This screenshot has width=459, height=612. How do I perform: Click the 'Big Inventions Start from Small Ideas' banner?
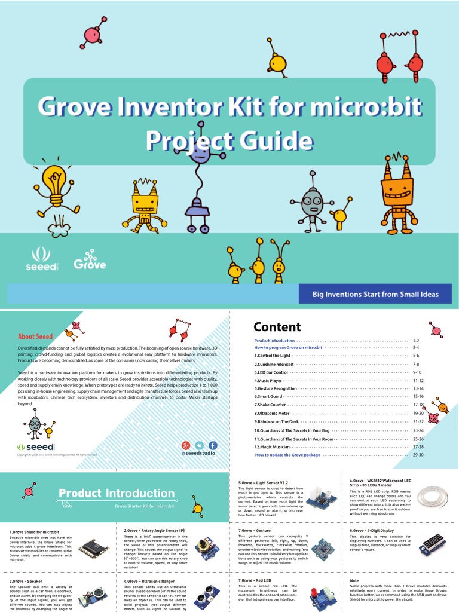[375, 294]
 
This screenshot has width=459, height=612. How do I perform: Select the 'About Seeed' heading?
[35, 337]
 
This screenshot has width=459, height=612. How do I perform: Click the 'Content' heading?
[277, 327]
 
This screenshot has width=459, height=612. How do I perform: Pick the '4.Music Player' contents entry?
[272, 380]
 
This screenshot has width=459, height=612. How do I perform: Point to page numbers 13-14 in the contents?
[418, 388]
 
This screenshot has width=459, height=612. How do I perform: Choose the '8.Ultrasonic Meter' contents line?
[272, 413]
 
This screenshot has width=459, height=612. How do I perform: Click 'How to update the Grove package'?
[287, 455]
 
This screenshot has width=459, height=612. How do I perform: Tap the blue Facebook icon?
[212, 445]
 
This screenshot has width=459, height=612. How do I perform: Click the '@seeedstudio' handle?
[198, 454]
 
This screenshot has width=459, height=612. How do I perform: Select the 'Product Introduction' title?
[117, 494]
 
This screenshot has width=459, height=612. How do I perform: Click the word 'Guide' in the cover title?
[273, 141]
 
